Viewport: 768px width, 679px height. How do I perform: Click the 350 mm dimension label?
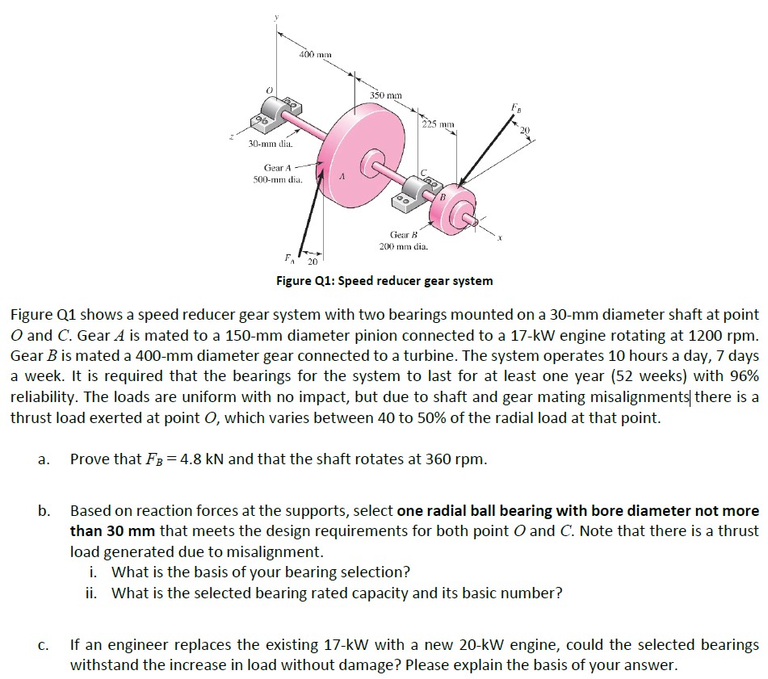click(x=386, y=96)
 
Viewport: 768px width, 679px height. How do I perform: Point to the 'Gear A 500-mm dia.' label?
click(x=272, y=174)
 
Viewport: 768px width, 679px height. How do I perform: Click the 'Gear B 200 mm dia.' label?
click(x=406, y=239)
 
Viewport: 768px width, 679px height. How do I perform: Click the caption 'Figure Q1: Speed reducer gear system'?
click(x=384, y=281)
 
